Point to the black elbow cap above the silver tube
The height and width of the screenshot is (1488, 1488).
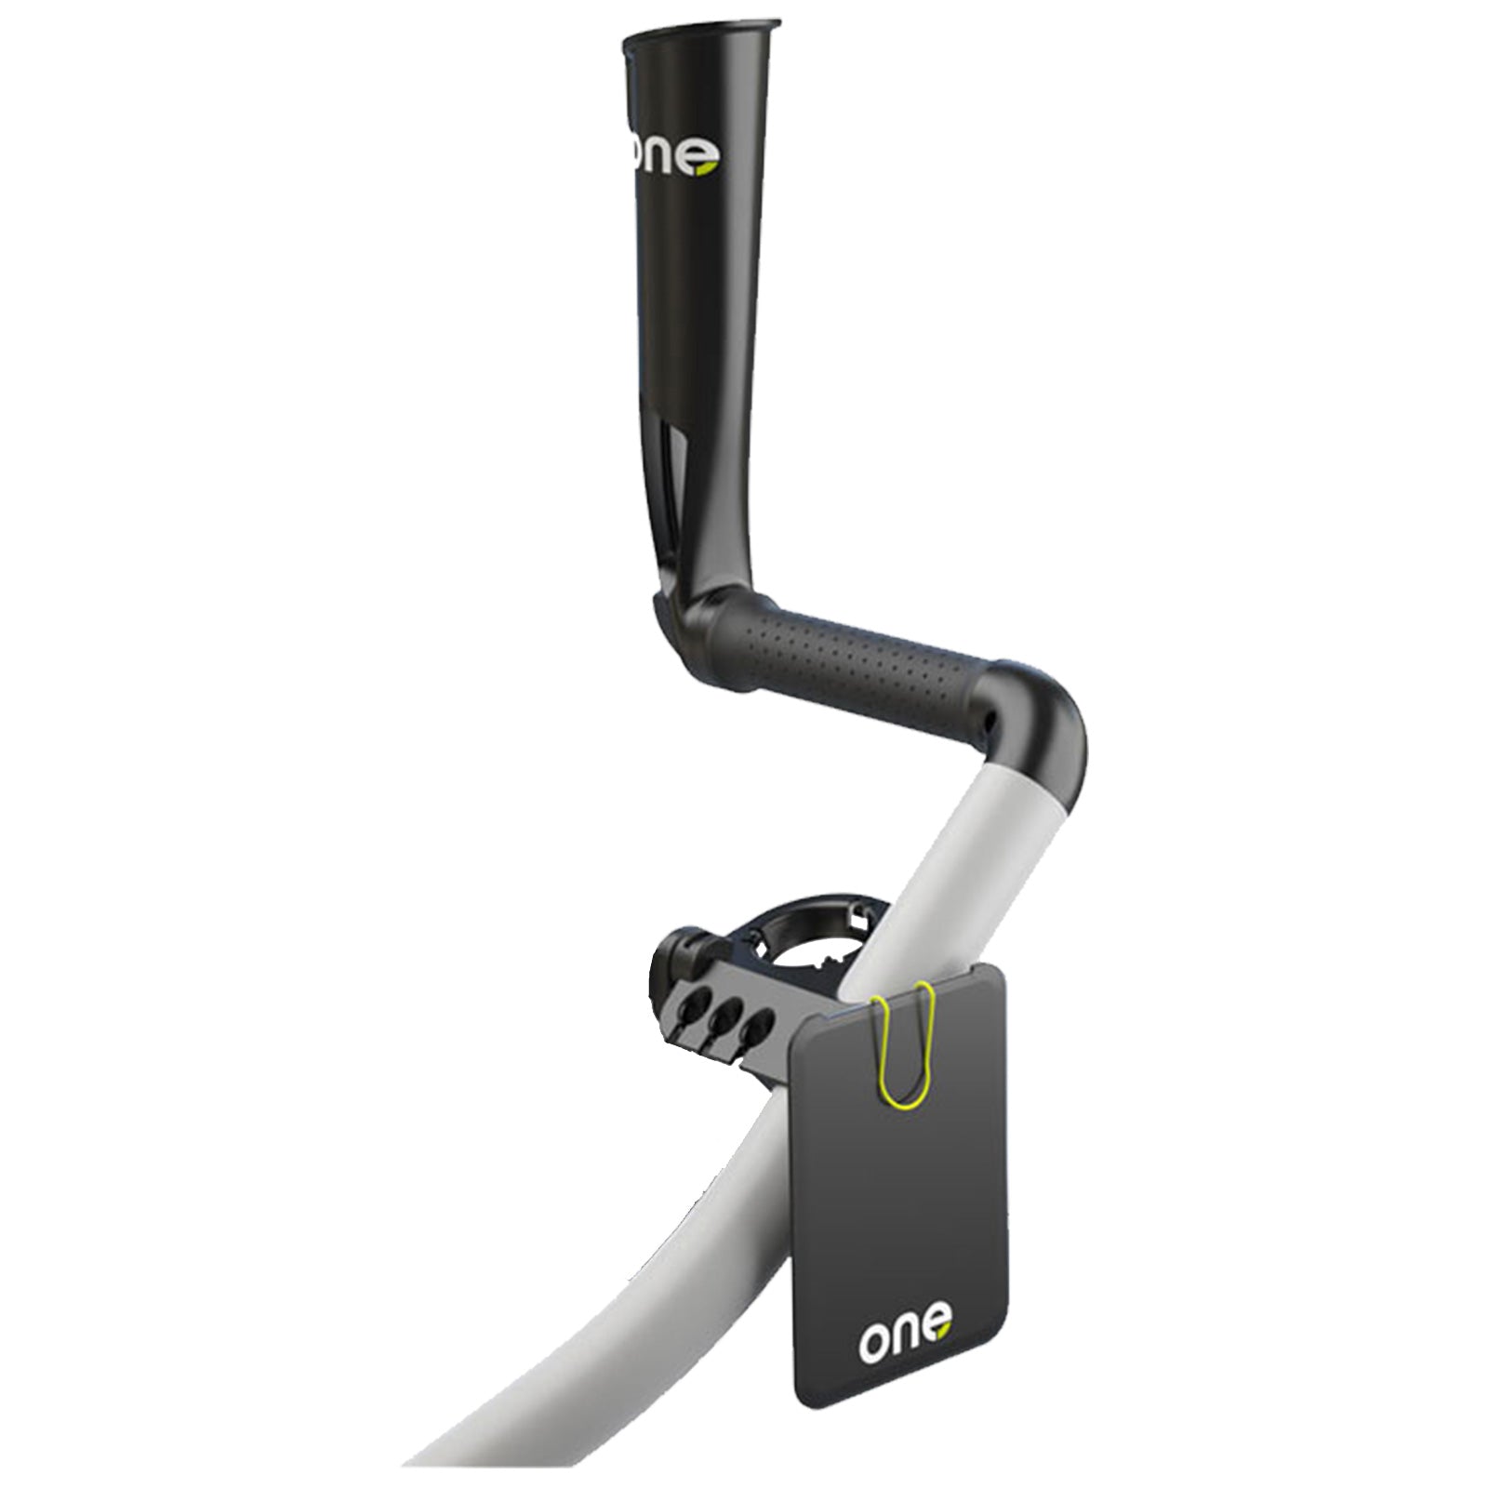click(x=1042, y=725)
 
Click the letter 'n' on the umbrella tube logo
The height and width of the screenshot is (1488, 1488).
click(x=669, y=160)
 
